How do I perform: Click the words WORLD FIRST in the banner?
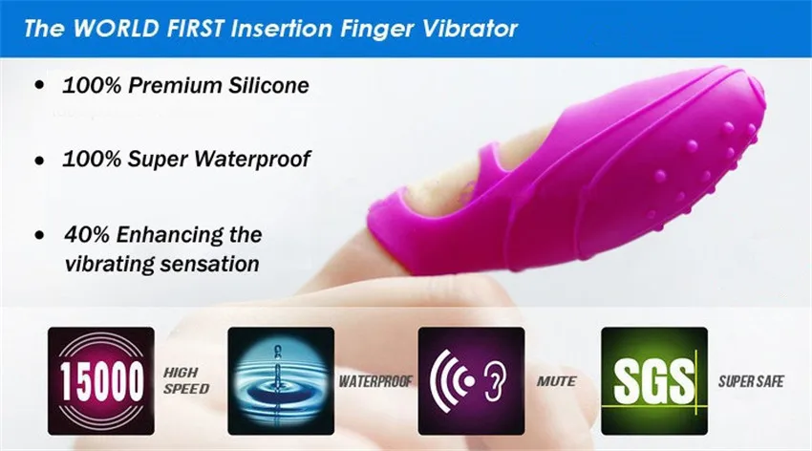click(x=147, y=28)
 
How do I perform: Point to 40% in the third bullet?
click(x=87, y=234)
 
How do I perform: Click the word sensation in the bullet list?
click(x=210, y=264)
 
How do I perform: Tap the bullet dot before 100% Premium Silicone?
click(x=40, y=84)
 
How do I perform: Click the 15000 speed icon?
click(x=101, y=380)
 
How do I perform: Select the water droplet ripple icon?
click(x=281, y=380)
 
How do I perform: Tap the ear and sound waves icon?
click(x=471, y=380)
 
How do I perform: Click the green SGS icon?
click(x=654, y=380)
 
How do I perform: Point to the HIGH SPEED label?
click(x=186, y=380)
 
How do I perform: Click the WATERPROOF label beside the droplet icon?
click(x=375, y=381)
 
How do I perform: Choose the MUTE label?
click(x=557, y=381)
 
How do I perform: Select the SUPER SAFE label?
click(x=751, y=381)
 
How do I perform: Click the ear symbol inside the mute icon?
click(x=496, y=381)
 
